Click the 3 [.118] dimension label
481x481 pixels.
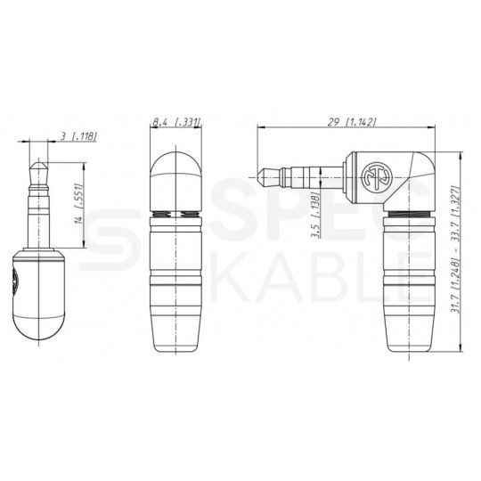point(79,136)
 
